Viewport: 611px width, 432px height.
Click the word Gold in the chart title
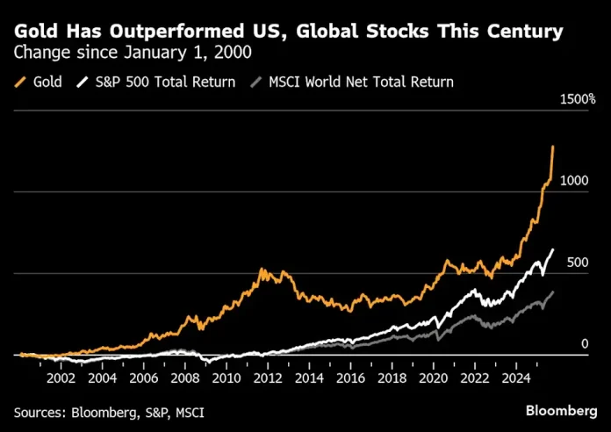click(33, 33)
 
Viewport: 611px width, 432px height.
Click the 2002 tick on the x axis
click(61, 379)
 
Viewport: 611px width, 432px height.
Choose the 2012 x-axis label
click(269, 379)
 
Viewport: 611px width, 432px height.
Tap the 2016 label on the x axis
click(352, 379)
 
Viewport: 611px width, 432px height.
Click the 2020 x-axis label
click(435, 379)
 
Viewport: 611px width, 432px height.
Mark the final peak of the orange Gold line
click(553, 146)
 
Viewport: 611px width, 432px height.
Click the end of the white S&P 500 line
click(554, 250)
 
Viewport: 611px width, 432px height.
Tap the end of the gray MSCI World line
click(554, 292)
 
